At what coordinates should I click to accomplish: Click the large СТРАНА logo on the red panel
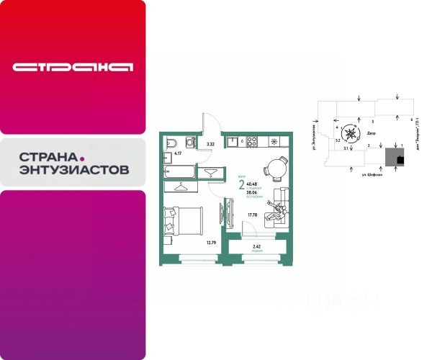(x=73, y=68)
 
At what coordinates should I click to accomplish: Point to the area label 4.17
(x=178, y=153)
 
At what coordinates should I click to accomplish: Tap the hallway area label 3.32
(x=210, y=145)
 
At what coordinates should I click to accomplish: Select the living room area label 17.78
(x=252, y=213)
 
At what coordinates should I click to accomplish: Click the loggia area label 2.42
(x=256, y=247)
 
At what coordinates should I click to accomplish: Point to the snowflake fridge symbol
(x=281, y=140)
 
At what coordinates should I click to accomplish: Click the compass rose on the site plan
(x=351, y=132)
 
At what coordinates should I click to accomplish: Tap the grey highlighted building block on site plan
(x=393, y=157)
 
